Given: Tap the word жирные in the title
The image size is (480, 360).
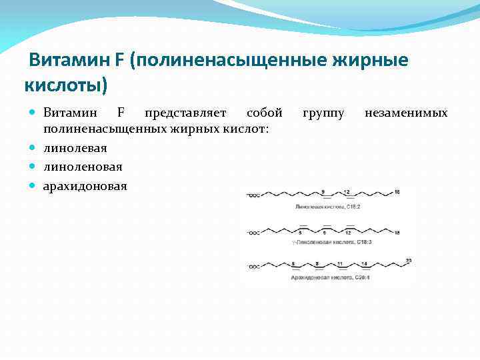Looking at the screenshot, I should [x=370, y=61].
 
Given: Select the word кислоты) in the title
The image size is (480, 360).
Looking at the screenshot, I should [x=65, y=86].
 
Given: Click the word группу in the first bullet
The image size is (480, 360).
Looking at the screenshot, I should [x=323, y=113].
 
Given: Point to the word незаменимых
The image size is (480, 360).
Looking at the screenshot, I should [x=406, y=113].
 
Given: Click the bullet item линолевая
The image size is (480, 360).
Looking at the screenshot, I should [x=75, y=147].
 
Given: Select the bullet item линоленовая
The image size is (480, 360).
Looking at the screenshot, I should [x=83, y=166].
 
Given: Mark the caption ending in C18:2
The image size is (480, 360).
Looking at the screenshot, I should [x=328, y=207].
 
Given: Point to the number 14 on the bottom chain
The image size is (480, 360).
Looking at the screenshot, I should [x=364, y=263].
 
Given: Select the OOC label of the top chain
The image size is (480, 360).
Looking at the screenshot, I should [x=254, y=196].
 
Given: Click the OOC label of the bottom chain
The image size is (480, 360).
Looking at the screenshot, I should [x=254, y=267].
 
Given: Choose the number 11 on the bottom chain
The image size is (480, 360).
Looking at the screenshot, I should [x=340, y=263].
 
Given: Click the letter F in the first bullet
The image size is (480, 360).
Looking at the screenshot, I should [x=121, y=113].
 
